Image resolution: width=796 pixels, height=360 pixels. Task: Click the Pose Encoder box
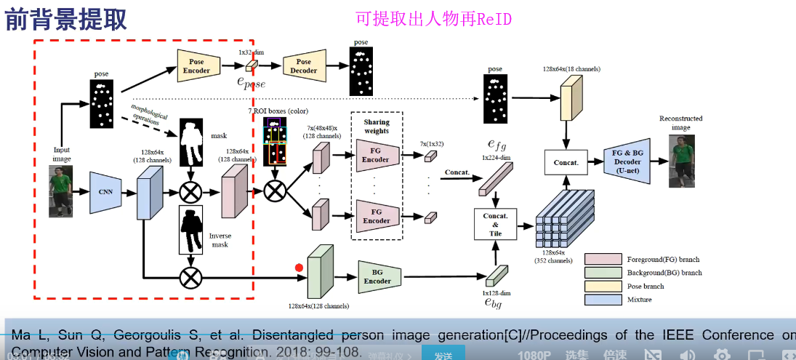pos(197,66)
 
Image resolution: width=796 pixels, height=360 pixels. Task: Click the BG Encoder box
pos(377,276)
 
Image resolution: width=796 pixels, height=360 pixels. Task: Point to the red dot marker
pos(299,268)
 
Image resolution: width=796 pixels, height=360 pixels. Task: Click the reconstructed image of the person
pos(682,161)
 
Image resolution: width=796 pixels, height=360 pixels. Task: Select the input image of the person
pos(61,191)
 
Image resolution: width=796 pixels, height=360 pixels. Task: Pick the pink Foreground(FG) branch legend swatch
pos(601,260)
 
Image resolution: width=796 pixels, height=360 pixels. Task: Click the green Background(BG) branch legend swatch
pos(601,273)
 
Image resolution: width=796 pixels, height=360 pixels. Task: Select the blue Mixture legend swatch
pos(601,299)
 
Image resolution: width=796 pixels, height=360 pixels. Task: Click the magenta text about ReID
pos(433,19)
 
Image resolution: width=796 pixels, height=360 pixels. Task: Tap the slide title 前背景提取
pos(66,20)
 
